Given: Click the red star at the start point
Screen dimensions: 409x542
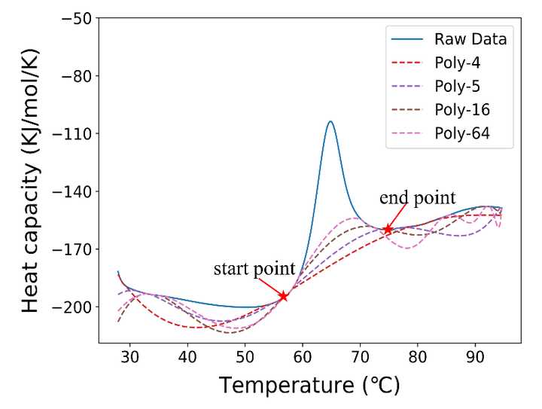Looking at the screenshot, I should coord(284,296).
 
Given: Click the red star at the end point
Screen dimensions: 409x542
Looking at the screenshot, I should coord(388,229).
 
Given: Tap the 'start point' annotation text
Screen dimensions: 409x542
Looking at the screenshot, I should coord(254,269).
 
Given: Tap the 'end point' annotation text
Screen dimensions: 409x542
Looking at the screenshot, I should coord(417,198).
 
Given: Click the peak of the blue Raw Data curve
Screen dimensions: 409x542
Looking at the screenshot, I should coord(330,121).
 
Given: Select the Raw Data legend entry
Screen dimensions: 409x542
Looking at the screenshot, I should coord(470,39).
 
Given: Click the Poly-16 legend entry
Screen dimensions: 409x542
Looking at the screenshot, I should coord(461,110).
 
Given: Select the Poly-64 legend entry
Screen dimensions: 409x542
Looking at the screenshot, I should coord(461,134).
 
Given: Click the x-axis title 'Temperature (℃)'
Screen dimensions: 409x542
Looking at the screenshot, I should coord(309,386).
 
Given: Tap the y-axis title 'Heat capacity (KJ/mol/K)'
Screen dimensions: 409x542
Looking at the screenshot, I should coord(30,182).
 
